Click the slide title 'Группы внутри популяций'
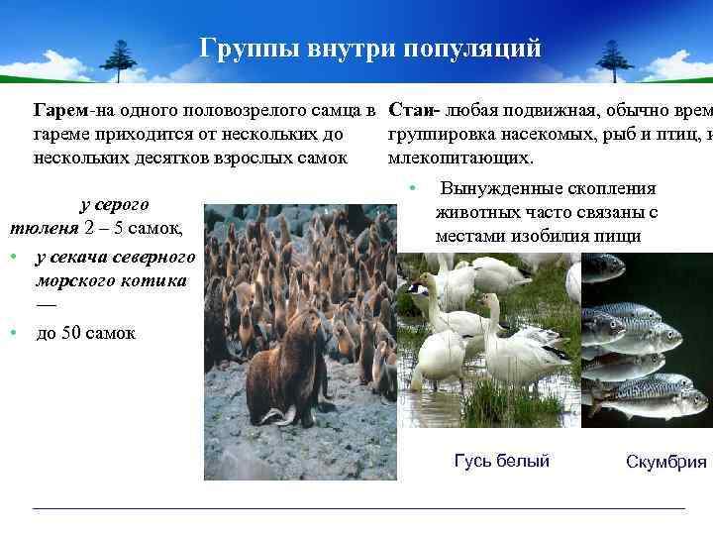(370, 49)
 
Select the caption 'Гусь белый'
(501, 460)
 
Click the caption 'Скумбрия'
(665, 462)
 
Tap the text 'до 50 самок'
(86, 333)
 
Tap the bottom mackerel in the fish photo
(654, 402)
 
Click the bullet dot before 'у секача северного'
(15, 256)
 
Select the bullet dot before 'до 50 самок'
(15, 333)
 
